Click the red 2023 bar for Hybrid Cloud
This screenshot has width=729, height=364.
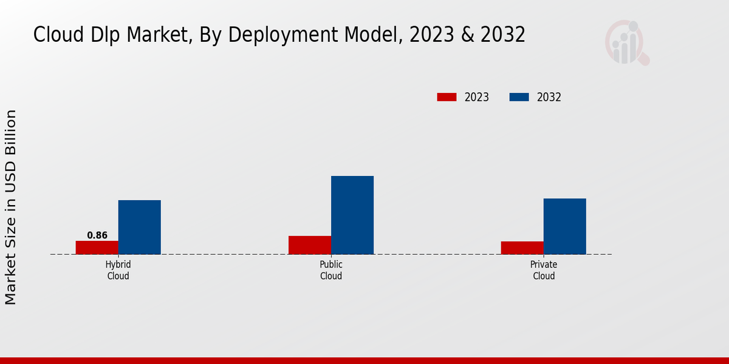pos(97,248)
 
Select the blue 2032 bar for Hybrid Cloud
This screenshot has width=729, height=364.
pos(140,227)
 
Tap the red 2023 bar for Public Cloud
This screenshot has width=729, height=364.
pos(310,245)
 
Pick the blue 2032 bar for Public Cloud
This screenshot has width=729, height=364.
pos(352,215)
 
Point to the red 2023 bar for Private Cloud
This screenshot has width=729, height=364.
pos(522,248)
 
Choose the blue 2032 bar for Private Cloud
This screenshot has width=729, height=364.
pos(565,226)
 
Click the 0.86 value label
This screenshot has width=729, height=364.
pos(97,235)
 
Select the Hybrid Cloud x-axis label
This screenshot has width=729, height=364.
pos(118,270)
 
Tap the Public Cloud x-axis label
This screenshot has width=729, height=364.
pos(331,270)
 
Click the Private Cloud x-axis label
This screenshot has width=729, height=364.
pos(544,270)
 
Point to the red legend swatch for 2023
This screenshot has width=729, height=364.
pos(447,97)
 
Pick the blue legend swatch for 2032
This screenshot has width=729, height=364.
pos(519,97)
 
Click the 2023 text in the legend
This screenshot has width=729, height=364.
pos(477,97)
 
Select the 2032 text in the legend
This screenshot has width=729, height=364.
pos(549,97)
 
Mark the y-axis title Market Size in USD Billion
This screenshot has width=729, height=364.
pos(11,207)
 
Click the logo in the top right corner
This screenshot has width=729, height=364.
pos(626,42)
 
